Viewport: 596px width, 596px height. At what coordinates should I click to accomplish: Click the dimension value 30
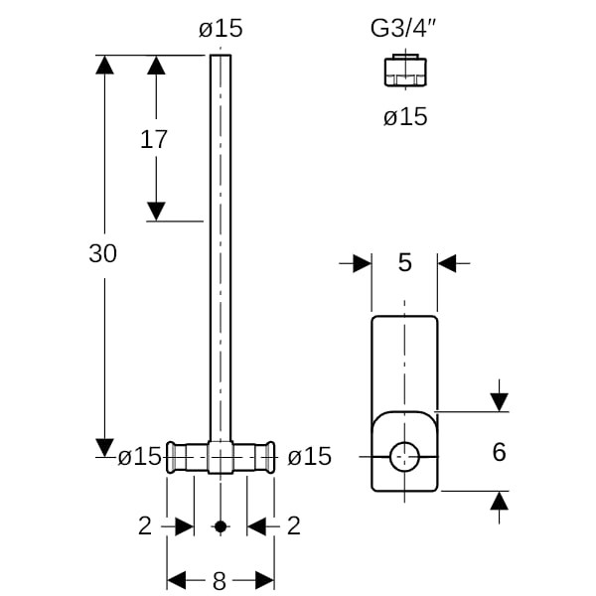(102, 254)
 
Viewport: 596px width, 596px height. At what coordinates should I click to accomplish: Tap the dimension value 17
(154, 140)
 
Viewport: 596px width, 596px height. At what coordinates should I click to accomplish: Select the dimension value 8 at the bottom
(221, 579)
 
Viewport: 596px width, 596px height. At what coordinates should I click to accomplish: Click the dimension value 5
(404, 263)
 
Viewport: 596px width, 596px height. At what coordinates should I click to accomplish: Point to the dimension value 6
(499, 453)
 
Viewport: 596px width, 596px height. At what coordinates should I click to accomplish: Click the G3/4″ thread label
(404, 27)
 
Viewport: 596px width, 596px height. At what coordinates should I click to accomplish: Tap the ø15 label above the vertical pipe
(221, 28)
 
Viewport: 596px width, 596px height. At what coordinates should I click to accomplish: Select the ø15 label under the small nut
(405, 117)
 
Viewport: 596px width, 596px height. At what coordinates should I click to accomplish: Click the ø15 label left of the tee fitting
(139, 457)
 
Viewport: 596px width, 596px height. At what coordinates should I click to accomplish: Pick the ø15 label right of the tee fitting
(309, 457)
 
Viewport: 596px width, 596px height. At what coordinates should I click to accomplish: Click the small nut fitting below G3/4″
(404, 71)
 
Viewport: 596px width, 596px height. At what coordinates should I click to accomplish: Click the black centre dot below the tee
(221, 525)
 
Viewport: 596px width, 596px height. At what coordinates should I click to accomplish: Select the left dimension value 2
(145, 525)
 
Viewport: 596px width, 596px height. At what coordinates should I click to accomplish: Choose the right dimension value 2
(293, 525)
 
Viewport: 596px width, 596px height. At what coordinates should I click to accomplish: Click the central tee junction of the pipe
(221, 457)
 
